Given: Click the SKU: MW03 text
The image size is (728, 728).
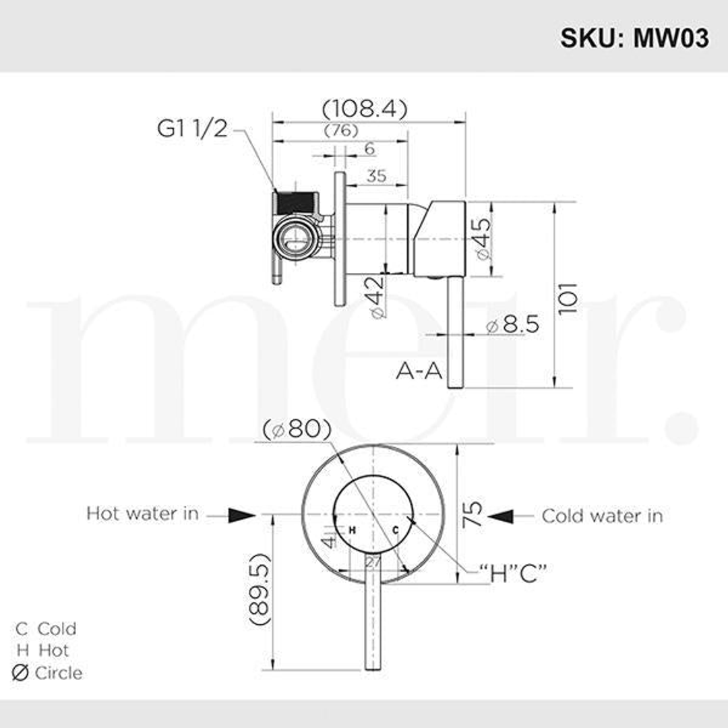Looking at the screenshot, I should pyautogui.click(x=634, y=38).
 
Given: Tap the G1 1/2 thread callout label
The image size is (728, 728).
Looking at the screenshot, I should pyautogui.click(x=192, y=128).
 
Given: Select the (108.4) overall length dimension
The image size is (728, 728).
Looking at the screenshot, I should pyautogui.click(x=365, y=109).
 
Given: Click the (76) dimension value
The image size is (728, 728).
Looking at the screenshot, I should pyautogui.click(x=340, y=130).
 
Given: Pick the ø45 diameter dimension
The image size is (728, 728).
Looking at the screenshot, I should pyautogui.click(x=483, y=239).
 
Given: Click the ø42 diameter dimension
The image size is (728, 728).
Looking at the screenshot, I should pyautogui.click(x=377, y=296).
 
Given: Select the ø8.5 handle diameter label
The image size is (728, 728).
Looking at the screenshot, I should pyautogui.click(x=512, y=325).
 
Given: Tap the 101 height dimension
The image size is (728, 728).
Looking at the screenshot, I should pyautogui.click(x=568, y=297).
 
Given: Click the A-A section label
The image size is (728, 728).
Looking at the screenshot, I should pyautogui.click(x=419, y=371).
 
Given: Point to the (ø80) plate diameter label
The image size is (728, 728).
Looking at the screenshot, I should pyautogui.click(x=297, y=429).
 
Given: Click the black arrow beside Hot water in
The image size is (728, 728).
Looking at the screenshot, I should pyautogui.click(x=241, y=516).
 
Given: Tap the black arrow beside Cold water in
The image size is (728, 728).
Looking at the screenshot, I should pyautogui.click(x=501, y=516).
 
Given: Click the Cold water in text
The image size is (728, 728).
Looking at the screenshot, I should pyautogui.click(x=602, y=516).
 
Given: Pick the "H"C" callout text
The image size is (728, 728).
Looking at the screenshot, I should pyautogui.click(x=512, y=574).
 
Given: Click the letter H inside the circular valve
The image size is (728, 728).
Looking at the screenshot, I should pyautogui.click(x=352, y=530).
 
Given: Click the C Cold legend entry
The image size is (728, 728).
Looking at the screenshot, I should pyautogui.click(x=47, y=629).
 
